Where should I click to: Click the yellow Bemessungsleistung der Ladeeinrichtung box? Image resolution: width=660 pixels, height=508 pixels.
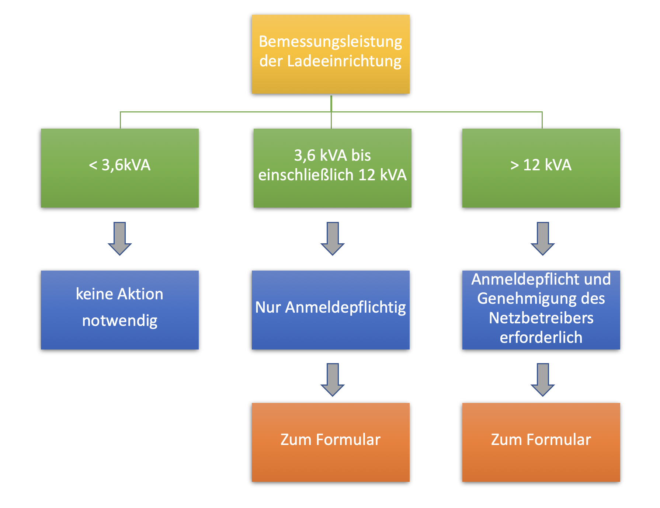coord(330,54)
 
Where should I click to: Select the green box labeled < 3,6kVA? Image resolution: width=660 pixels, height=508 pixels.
coord(120,168)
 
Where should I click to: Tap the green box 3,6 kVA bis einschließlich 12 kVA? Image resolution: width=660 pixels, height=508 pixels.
coord(332,168)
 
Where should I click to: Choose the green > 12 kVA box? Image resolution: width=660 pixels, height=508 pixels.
coord(541,168)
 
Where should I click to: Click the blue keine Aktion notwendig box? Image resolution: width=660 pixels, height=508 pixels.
coord(120,310)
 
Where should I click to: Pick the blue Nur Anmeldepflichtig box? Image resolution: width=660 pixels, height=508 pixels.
coord(330,310)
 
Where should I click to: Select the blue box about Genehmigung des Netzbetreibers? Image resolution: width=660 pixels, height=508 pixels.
coord(541,310)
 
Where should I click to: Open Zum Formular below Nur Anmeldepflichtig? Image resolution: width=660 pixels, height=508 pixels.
coord(330,442)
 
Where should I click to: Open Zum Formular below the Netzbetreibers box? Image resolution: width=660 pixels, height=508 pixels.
coord(541,442)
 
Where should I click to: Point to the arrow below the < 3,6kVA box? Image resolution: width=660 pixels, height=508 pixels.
coord(120,239)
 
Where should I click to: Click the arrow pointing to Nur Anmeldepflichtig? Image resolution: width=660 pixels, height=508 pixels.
coord(333,239)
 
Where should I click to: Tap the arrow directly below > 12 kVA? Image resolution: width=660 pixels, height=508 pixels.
coord(543,239)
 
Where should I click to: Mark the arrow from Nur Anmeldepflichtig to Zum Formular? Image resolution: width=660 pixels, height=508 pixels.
coord(333,380)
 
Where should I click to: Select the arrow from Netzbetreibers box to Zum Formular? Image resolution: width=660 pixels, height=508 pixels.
coord(543,380)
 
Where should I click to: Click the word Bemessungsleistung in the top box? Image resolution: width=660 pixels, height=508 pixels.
coord(330,42)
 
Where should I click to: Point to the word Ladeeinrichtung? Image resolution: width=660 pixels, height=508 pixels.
coord(344,61)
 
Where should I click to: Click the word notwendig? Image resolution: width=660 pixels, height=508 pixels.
coord(120,321)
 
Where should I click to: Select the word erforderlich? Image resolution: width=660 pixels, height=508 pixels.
coord(541,337)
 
